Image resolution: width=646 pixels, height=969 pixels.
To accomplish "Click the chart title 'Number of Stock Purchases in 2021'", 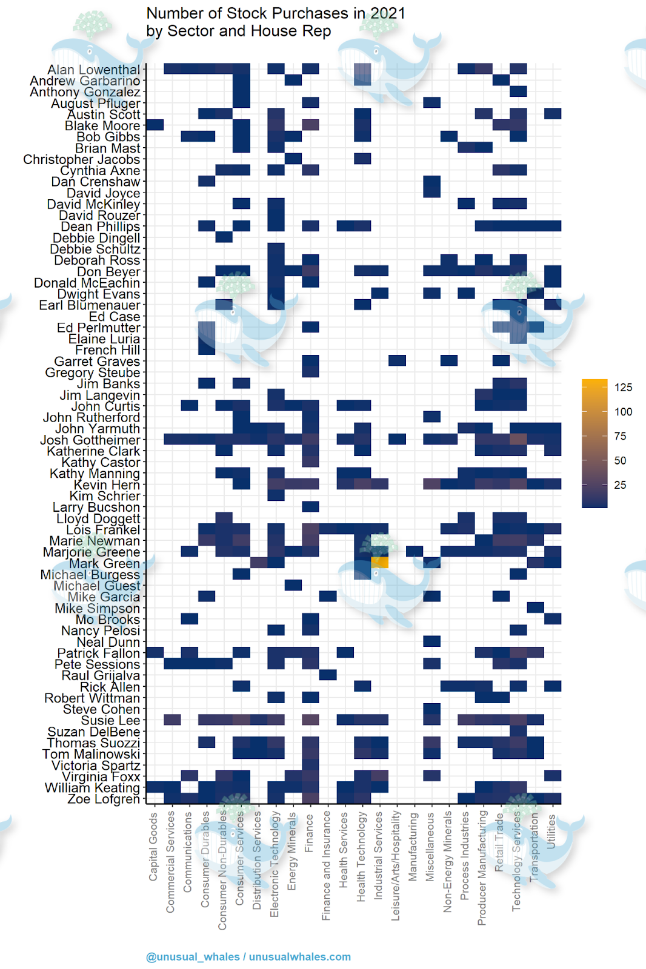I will point(276,13).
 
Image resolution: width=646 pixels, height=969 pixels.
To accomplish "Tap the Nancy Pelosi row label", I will point(101,631).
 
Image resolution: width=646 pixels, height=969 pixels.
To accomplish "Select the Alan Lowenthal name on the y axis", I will point(94,70).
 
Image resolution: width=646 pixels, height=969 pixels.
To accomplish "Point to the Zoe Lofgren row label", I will point(104,799).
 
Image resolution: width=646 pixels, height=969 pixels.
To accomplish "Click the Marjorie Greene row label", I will point(92,552).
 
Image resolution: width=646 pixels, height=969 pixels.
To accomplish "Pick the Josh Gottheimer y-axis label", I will point(90,440).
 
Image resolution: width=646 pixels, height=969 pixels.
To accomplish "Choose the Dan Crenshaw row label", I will point(96,182).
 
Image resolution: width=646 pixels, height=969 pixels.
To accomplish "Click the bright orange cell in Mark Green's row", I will point(380,563).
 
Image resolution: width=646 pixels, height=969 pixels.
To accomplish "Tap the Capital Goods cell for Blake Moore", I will point(155,125).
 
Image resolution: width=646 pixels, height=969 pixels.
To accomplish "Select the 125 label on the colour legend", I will point(623,388).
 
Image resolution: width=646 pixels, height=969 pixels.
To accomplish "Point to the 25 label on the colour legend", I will point(620,485).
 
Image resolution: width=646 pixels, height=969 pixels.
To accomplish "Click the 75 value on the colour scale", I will point(620,436).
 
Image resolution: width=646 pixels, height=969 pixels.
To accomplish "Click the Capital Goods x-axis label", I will point(154,847).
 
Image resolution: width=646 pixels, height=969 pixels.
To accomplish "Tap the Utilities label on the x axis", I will point(551,831).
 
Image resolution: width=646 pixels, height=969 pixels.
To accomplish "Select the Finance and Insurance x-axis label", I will point(327,866).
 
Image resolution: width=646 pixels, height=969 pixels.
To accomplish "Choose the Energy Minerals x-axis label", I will point(292,851).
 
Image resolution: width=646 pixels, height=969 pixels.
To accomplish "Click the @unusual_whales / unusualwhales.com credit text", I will point(248,957).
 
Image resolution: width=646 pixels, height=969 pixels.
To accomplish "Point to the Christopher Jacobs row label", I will point(82,160).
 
